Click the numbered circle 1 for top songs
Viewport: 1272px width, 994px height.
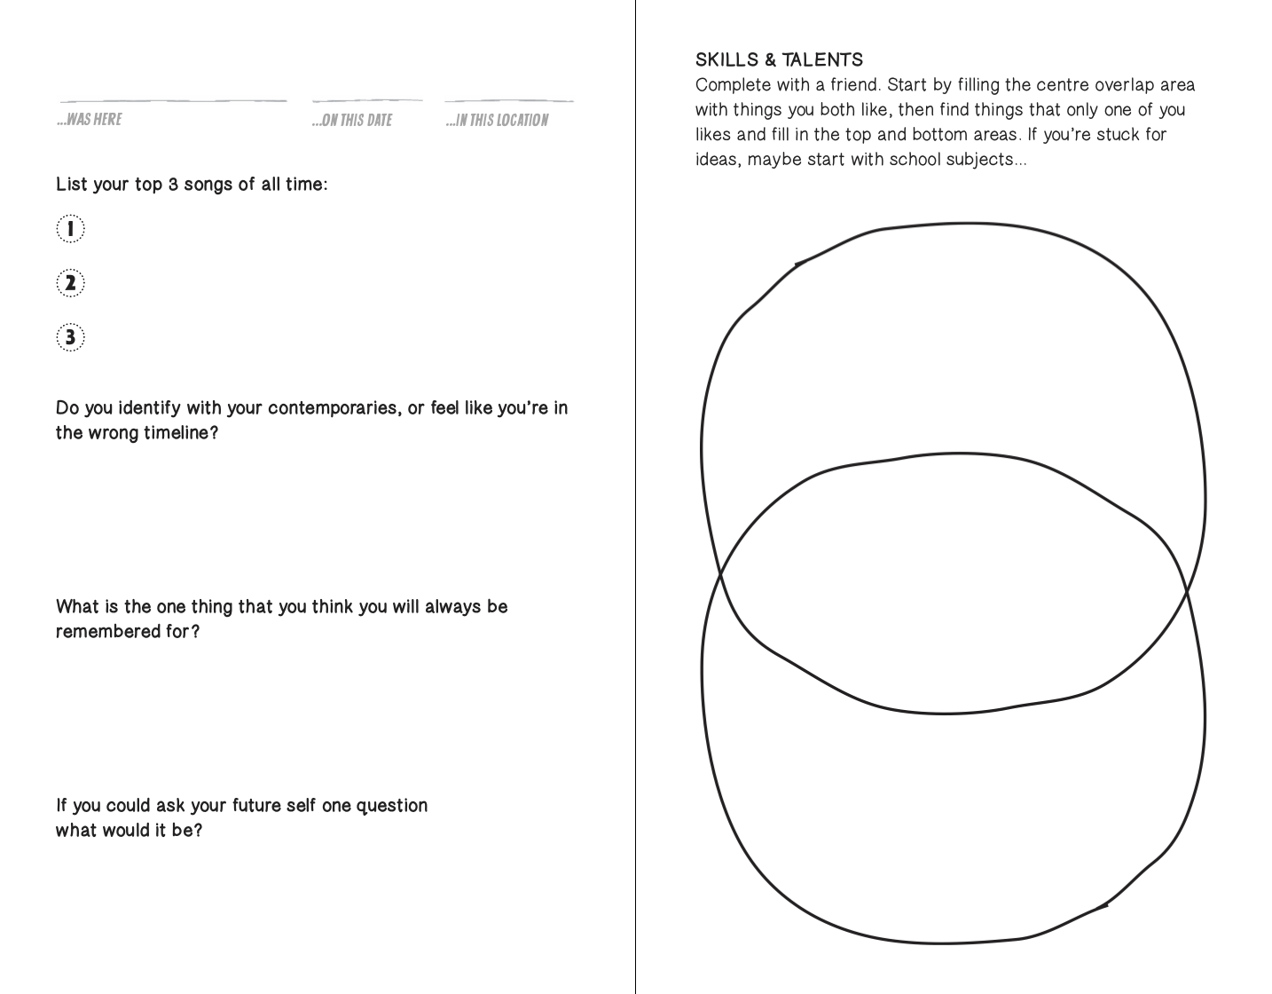tap(70, 229)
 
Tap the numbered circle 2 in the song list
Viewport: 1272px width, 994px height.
tap(70, 283)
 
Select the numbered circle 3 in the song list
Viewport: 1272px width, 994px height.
tap(70, 337)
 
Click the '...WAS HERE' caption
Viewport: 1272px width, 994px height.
tap(90, 119)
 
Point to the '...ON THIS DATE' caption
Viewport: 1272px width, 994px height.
tap(352, 120)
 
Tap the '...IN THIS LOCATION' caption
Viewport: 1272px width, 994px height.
tap(498, 120)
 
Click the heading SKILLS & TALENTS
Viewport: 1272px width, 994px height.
tap(779, 60)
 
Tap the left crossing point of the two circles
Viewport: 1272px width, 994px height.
tap(719, 576)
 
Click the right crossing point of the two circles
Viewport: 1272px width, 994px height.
tap(1186, 588)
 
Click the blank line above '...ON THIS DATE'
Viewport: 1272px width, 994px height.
tap(367, 100)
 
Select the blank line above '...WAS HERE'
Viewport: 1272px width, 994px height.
tap(173, 100)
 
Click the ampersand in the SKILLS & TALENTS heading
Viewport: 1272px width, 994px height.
tap(770, 60)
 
